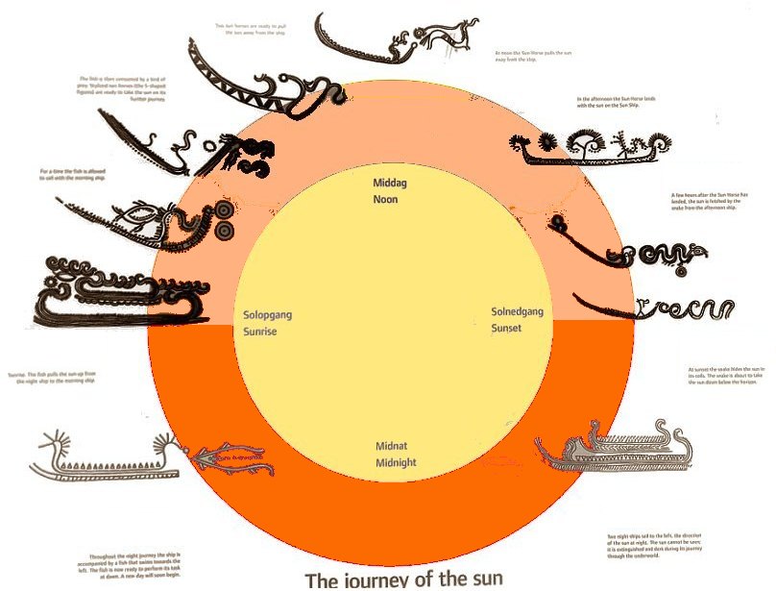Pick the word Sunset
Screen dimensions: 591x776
[x=508, y=329]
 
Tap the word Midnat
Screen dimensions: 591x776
[x=394, y=448]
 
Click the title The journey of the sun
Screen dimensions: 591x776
[x=404, y=579]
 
